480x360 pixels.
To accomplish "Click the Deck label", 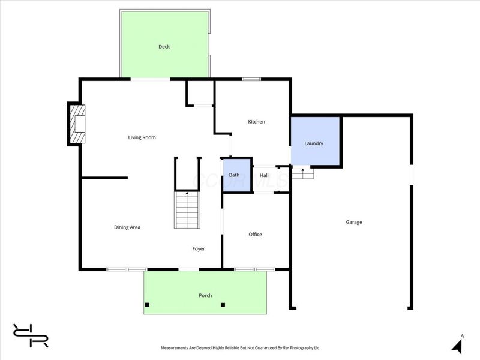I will (164, 47).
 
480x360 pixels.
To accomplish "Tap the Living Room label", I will (142, 137).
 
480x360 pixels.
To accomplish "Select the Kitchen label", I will (256, 122).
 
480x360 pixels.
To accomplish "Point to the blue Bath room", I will (235, 175).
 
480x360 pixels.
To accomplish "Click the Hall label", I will (263, 175).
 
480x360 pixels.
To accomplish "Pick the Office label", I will (255, 235).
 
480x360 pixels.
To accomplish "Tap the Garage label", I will (353, 222).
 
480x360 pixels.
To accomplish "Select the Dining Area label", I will (127, 227).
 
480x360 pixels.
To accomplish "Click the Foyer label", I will (199, 248).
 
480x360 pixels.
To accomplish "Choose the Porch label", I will (205, 295).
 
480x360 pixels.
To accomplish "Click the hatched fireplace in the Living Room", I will (76, 124).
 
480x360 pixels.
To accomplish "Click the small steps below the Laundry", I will (302, 174).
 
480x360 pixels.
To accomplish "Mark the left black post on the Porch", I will (147, 305).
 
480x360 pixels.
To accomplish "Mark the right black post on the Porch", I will (223, 305).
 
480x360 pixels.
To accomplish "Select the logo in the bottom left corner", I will (31, 335).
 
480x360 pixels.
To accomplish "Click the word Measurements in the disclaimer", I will (178, 347).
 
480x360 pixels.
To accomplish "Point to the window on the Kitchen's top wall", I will (251, 79).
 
